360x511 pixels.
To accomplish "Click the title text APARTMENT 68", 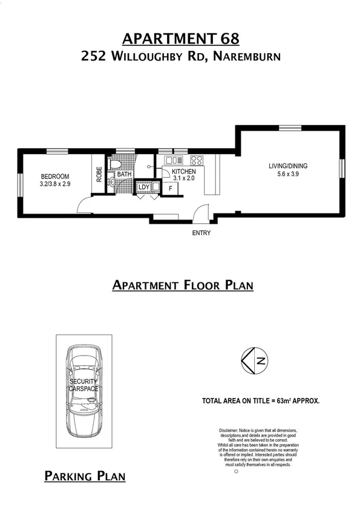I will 181,39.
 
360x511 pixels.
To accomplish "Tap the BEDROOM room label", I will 54,175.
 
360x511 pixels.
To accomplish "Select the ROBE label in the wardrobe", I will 99,175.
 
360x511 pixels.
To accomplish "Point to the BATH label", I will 125,175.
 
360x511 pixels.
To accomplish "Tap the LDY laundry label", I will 143,187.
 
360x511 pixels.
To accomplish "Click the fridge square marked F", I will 171,189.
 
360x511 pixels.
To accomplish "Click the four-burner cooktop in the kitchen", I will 197,160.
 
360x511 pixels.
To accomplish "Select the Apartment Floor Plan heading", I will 183,285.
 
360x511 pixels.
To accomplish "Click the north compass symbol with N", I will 255,362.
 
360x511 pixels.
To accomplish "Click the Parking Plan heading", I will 85,477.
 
